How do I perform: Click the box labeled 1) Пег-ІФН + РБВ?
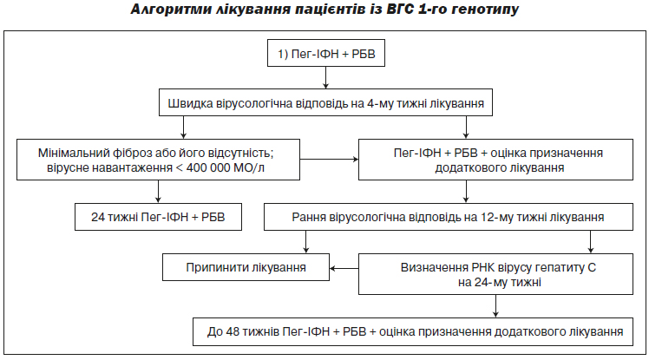[326, 53]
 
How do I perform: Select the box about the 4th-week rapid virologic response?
[325, 102]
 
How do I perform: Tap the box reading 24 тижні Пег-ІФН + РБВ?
[158, 217]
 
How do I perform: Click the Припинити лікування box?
[246, 267]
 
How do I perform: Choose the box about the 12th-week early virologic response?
[449, 217]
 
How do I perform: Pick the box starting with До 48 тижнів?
[413, 331]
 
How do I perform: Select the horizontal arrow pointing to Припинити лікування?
[344, 268]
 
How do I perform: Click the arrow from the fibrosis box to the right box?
[329, 160]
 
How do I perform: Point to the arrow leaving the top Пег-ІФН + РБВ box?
[325, 77]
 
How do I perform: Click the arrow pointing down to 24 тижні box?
[158, 192]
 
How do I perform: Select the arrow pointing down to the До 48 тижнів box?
[495, 306]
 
